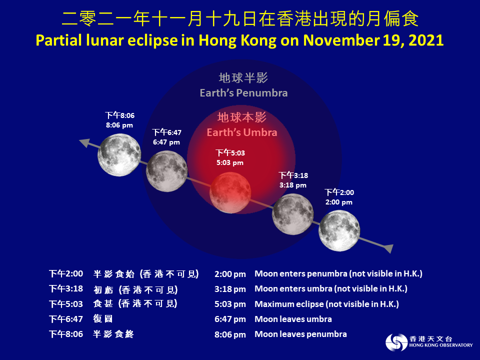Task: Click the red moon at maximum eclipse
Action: [230, 191]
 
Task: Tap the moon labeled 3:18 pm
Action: [292, 213]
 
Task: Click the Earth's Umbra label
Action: [242, 132]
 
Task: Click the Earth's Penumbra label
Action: [243, 93]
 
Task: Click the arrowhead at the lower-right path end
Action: [388, 248]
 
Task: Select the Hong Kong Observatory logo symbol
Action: [396, 342]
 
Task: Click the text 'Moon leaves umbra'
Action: [293, 319]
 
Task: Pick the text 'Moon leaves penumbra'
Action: [300, 334]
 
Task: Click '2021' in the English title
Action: [426, 40]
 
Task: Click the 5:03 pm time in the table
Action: [230, 304]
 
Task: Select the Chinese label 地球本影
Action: [242, 117]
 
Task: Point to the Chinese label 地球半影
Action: [243, 78]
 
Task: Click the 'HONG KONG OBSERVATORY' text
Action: [440, 345]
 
